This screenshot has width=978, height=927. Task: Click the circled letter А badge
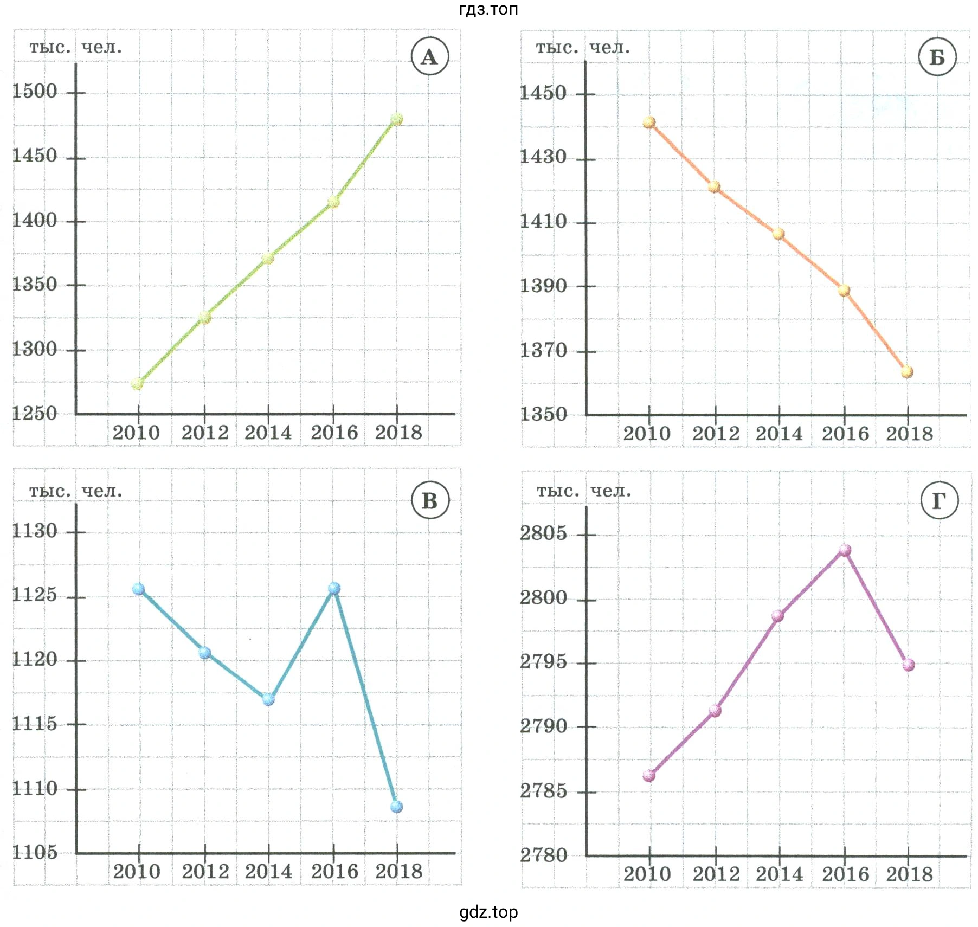click(430, 56)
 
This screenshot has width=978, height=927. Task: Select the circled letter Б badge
click(937, 57)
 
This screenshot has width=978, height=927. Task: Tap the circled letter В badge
click(430, 500)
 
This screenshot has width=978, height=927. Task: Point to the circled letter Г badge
click(940, 500)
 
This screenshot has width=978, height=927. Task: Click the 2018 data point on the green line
click(397, 119)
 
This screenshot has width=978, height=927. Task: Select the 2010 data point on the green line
click(138, 384)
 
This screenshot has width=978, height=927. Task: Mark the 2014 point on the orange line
click(778, 234)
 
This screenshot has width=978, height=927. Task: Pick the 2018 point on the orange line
click(908, 372)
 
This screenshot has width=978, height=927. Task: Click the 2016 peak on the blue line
click(334, 588)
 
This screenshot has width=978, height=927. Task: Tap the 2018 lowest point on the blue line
click(397, 807)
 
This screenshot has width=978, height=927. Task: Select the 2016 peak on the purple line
click(845, 550)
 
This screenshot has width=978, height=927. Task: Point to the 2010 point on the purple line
click(649, 776)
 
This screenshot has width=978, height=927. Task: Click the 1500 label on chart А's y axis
click(35, 91)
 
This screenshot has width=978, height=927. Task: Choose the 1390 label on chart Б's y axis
click(543, 286)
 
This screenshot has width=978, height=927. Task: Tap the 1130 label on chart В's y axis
click(35, 530)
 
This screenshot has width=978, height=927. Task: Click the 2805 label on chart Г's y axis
click(543, 533)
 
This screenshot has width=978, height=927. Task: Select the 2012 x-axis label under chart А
click(205, 433)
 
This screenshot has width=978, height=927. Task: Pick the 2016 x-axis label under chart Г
click(846, 874)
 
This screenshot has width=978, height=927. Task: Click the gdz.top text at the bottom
click(488, 912)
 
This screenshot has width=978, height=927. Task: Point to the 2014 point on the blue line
click(268, 699)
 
